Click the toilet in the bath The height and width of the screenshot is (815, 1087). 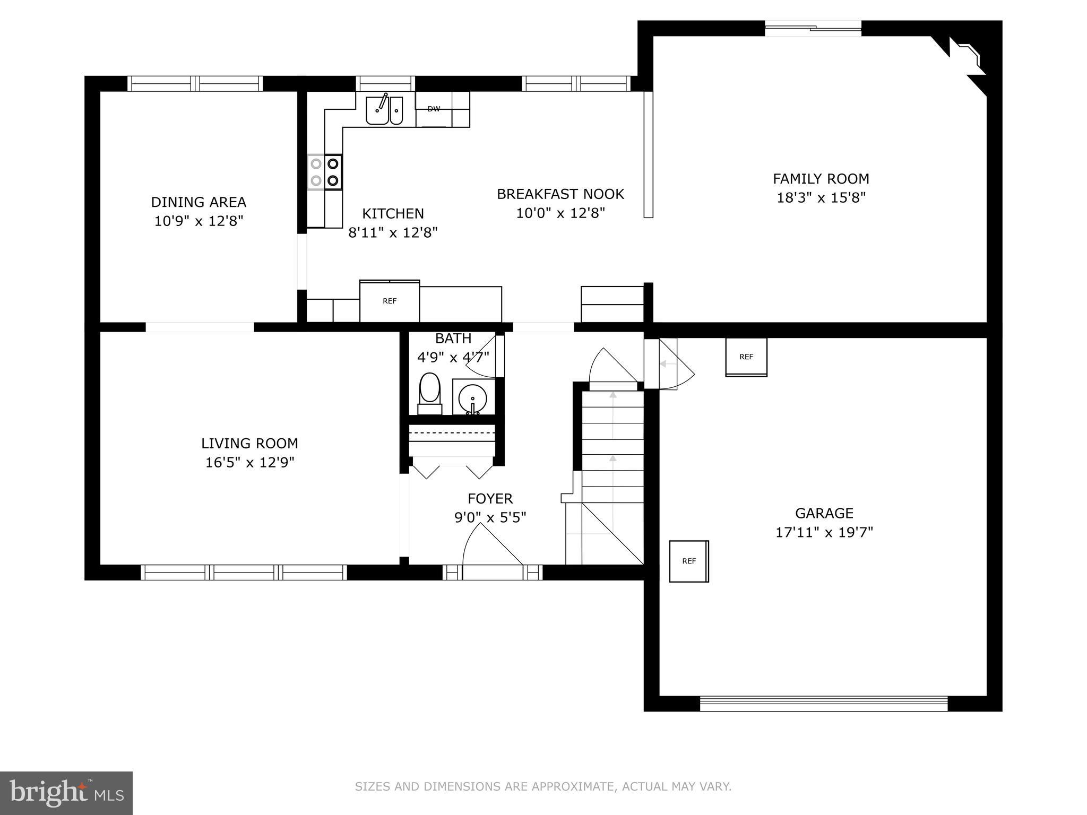click(430, 392)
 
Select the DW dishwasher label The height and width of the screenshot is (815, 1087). click(434, 109)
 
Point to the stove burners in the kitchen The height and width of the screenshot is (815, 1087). click(325, 172)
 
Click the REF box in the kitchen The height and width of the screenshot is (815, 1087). click(390, 301)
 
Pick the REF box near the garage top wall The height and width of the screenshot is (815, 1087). click(746, 357)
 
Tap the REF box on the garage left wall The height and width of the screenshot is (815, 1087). click(688, 561)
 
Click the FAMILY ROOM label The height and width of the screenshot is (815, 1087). click(821, 179)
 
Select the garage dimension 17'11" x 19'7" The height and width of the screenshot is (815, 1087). click(824, 532)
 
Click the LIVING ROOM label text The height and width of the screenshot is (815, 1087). click(249, 444)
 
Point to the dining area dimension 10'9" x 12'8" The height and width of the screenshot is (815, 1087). click(199, 221)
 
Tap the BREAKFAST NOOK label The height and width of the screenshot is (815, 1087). click(560, 194)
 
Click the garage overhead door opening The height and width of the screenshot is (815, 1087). click(823, 704)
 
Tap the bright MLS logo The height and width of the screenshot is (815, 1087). click(66, 793)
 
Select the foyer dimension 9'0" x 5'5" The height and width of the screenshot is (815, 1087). click(490, 517)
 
